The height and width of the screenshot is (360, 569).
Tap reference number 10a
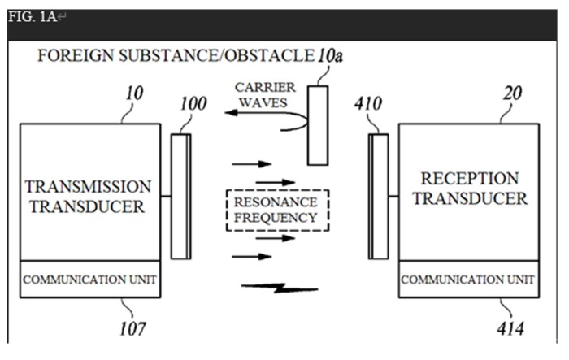[x=330, y=56]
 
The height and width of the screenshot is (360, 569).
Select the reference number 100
[x=191, y=104]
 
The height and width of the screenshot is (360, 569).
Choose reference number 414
[x=512, y=329]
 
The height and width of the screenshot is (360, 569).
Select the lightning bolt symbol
[x=279, y=287]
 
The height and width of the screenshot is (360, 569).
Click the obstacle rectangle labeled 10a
[x=317, y=123]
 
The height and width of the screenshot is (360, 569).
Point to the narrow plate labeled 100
[x=180, y=196]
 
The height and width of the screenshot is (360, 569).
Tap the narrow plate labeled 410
[x=378, y=196]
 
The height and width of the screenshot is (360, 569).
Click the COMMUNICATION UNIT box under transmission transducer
[x=89, y=280]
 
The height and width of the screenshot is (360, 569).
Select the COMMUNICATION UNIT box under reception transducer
[x=467, y=280]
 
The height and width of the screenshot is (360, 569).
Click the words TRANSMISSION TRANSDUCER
[x=89, y=196]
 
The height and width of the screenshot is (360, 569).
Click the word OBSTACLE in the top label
[x=271, y=56]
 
